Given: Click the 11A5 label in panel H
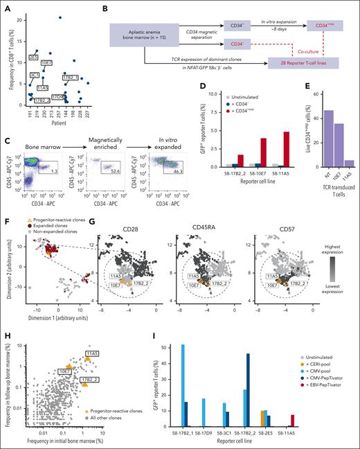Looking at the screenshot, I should coord(92,355).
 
